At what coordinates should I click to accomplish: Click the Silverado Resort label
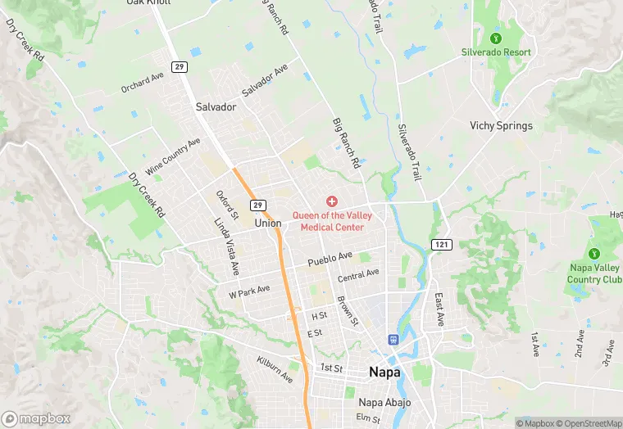point(496,52)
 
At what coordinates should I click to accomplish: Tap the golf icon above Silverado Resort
point(495,38)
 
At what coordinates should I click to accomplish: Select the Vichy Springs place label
point(501,126)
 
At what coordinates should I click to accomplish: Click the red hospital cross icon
point(332,201)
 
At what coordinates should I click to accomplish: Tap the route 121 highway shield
point(441,245)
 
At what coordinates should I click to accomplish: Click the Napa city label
point(384,372)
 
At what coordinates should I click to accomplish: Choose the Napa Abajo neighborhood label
point(384,402)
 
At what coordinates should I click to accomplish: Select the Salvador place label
point(216,107)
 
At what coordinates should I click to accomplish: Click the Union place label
point(268,223)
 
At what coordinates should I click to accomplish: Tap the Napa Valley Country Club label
point(594,273)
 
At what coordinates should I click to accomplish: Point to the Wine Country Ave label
point(173,156)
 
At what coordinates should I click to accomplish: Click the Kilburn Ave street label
point(274,369)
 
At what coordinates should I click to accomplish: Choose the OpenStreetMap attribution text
point(589,423)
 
